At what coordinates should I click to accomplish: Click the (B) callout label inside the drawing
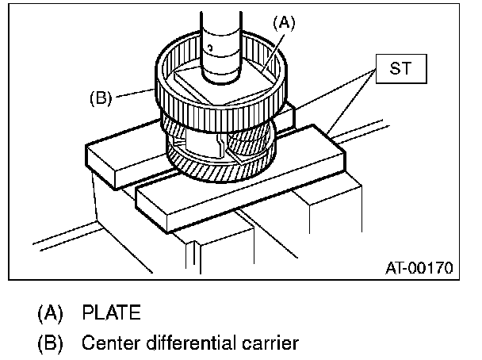click(x=98, y=99)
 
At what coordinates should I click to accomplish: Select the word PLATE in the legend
click(x=112, y=313)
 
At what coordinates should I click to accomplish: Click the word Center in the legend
click(x=109, y=344)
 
